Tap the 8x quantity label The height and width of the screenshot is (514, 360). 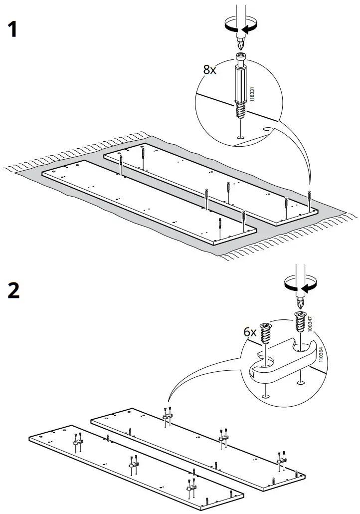pyautogui.click(x=210, y=69)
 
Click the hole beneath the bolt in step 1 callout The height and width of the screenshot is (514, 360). pyautogui.click(x=240, y=137)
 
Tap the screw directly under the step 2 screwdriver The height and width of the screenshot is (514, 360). pyautogui.click(x=300, y=322)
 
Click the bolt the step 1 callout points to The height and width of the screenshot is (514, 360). pyautogui.click(x=310, y=199)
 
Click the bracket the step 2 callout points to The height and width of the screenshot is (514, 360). pyautogui.click(x=168, y=414)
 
